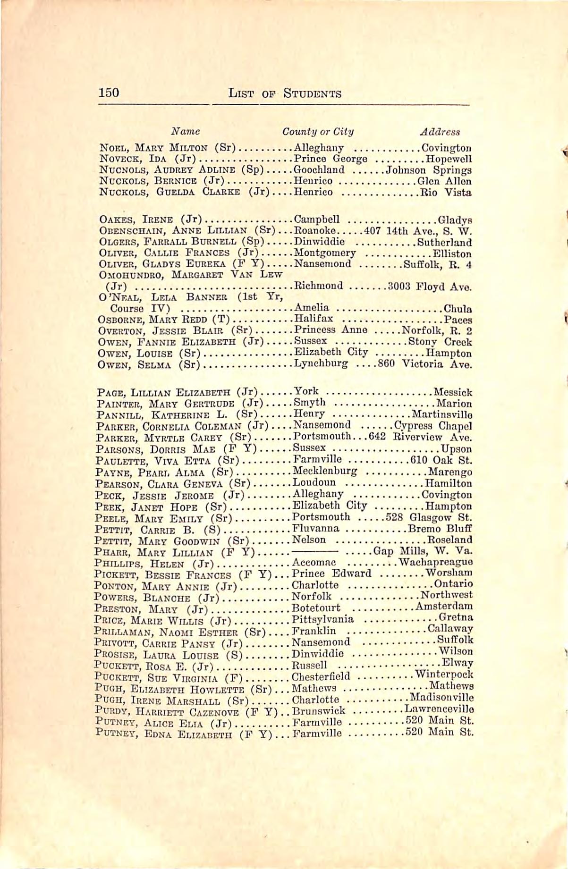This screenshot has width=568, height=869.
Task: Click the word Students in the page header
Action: coord(312,93)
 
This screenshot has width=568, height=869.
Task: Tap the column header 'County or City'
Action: coord(317,132)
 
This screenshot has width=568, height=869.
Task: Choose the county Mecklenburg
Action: coord(325,471)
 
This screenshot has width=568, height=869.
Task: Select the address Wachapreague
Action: coord(436,562)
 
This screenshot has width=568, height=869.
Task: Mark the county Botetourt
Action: coord(316,607)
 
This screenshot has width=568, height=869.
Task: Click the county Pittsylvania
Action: coord(322,619)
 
